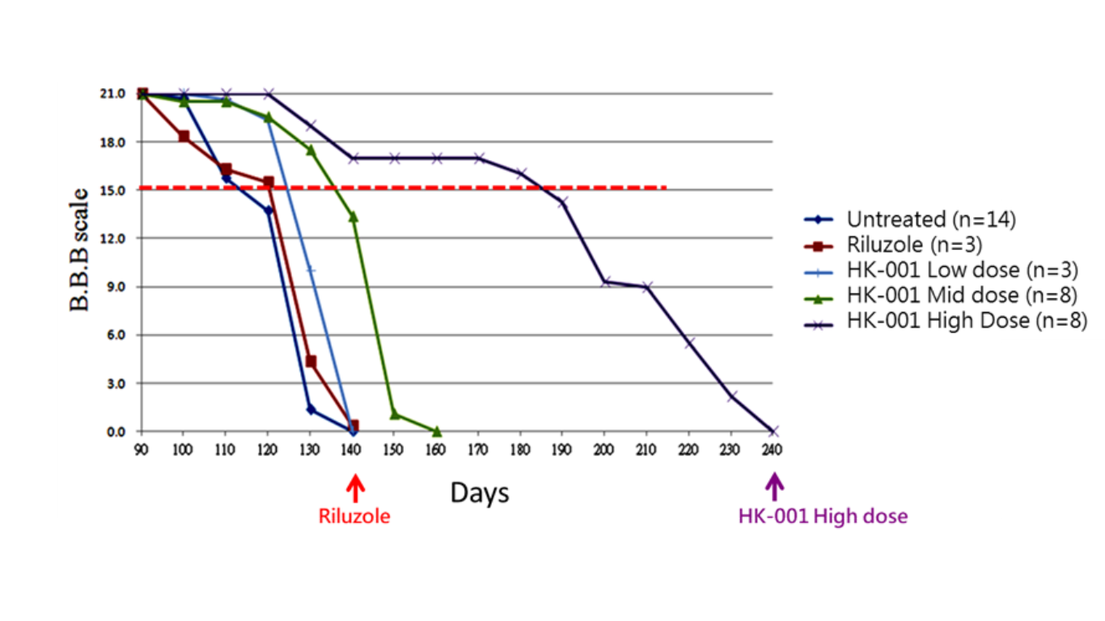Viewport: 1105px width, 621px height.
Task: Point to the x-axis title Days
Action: point(480,492)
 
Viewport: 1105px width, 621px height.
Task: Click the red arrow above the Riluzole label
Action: point(354,489)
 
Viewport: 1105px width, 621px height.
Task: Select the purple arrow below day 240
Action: point(774,488)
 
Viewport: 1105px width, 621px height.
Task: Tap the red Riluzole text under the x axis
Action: point(354,516)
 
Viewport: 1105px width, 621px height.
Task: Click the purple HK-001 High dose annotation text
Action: point(823,516)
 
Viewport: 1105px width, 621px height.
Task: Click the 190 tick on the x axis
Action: point(562,447)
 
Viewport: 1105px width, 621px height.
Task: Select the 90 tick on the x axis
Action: point(142,447)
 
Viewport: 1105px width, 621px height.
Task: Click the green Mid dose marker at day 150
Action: point(395,415)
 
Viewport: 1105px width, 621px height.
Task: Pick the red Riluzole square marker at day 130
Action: point(311,361)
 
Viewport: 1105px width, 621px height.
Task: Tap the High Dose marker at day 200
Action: point(605,282)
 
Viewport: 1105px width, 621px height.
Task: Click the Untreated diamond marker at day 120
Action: point(269,210)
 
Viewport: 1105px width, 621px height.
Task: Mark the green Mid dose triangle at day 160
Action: point(437,431)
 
